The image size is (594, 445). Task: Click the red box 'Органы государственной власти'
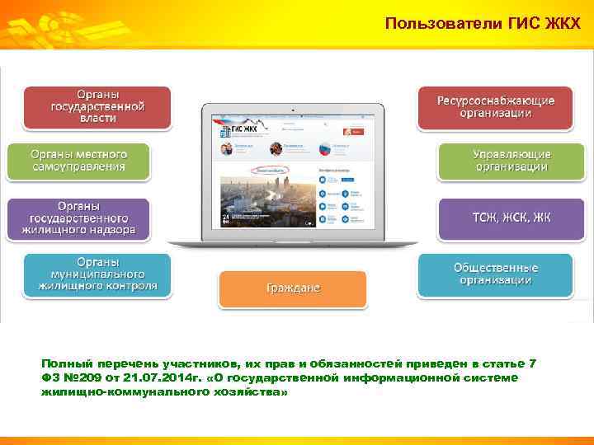pyautogui.click(x=98, y=107)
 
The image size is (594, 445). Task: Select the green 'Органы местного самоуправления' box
pyautogui.click(x=78, y=161)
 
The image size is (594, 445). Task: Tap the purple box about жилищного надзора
pyautogui.click(x=78, y=218)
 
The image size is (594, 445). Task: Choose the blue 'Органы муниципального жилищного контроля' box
pyautogui.click(x=97, y=274)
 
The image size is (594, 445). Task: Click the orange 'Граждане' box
pyautogui.click(x=293, y=288)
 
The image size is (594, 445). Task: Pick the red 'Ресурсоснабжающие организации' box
pyautogui.click(x=495, y=107)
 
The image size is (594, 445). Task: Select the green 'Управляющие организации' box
pyautogui.click(x=511, y=161)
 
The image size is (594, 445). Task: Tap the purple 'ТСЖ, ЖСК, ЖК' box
pyautogui.click(x=511, y=218)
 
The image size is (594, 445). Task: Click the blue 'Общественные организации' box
pyautogui.click(x=495, y=274)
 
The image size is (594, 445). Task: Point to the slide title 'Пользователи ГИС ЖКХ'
pyautogui.click(x=488, y=24)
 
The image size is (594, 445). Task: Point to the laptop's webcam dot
pyautogui.click(x=294, y=107)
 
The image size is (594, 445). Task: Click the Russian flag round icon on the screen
pyautogui.click(x=324, y=149)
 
